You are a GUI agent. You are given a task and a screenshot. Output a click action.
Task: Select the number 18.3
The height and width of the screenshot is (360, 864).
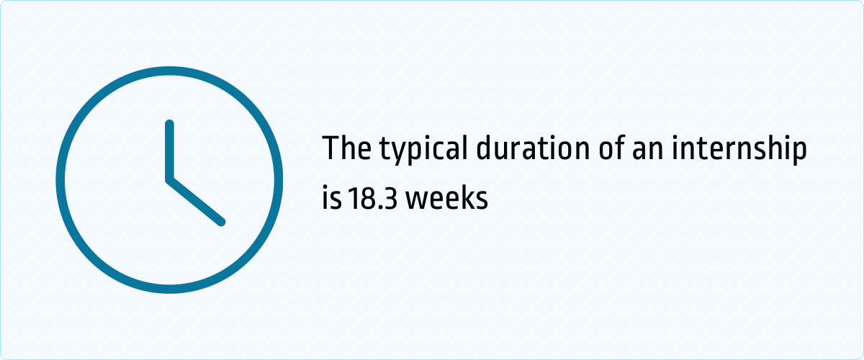372,198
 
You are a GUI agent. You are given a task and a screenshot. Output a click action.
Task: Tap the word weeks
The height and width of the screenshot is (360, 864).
446,197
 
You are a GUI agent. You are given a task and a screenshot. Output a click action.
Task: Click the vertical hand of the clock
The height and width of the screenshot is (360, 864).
170,150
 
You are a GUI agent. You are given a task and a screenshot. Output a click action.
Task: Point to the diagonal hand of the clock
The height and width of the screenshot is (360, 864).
196,201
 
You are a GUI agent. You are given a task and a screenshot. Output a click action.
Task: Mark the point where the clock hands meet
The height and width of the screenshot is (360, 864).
170,179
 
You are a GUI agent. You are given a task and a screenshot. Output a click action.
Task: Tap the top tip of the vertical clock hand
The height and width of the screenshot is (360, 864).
170,124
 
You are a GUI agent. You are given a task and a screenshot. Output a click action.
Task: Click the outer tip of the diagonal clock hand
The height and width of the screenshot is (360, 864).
221,222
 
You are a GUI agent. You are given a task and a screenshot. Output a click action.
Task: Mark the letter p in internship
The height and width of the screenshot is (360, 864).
798,153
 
